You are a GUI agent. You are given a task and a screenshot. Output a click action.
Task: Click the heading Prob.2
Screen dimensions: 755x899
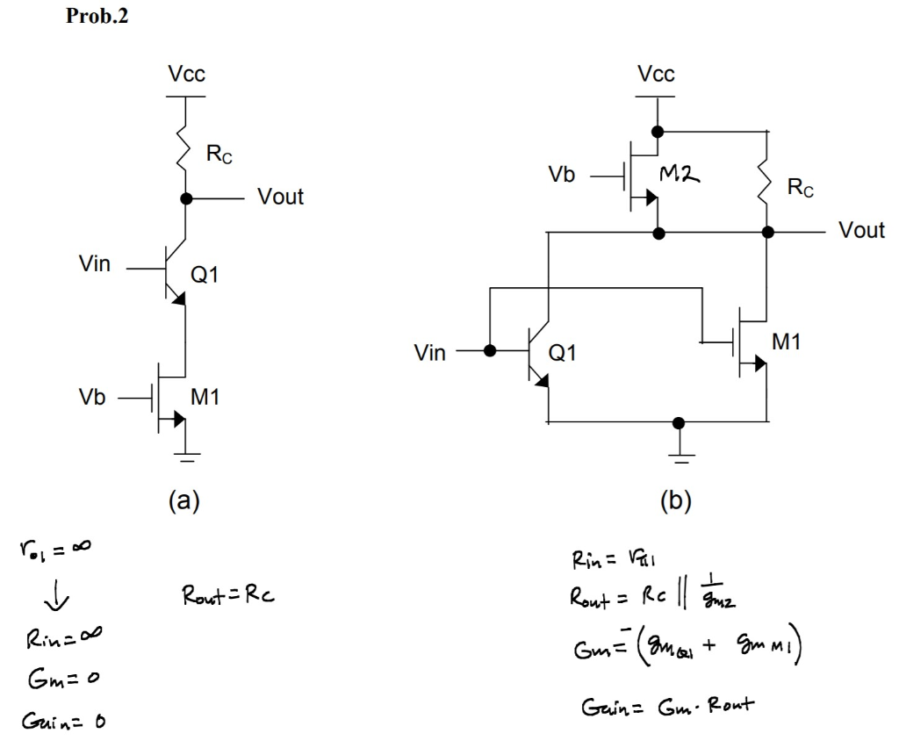point(97,17)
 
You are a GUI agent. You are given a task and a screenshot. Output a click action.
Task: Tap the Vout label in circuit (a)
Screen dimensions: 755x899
point(280,197)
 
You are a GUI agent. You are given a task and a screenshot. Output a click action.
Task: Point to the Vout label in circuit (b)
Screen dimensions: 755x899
point(861,230)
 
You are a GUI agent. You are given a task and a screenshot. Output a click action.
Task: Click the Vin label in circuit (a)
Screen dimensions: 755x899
point(95,264)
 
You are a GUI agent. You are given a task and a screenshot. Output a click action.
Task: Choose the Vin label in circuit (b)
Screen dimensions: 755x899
point(429,353)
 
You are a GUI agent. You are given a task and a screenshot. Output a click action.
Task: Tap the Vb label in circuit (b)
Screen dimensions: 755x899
point(561,175)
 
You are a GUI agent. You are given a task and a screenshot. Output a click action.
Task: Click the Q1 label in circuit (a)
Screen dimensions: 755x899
point(205,275)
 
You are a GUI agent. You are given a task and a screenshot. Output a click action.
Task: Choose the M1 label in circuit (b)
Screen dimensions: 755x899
point(786,342)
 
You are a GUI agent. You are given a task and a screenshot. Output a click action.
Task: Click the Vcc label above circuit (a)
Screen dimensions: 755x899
point(187,75)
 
